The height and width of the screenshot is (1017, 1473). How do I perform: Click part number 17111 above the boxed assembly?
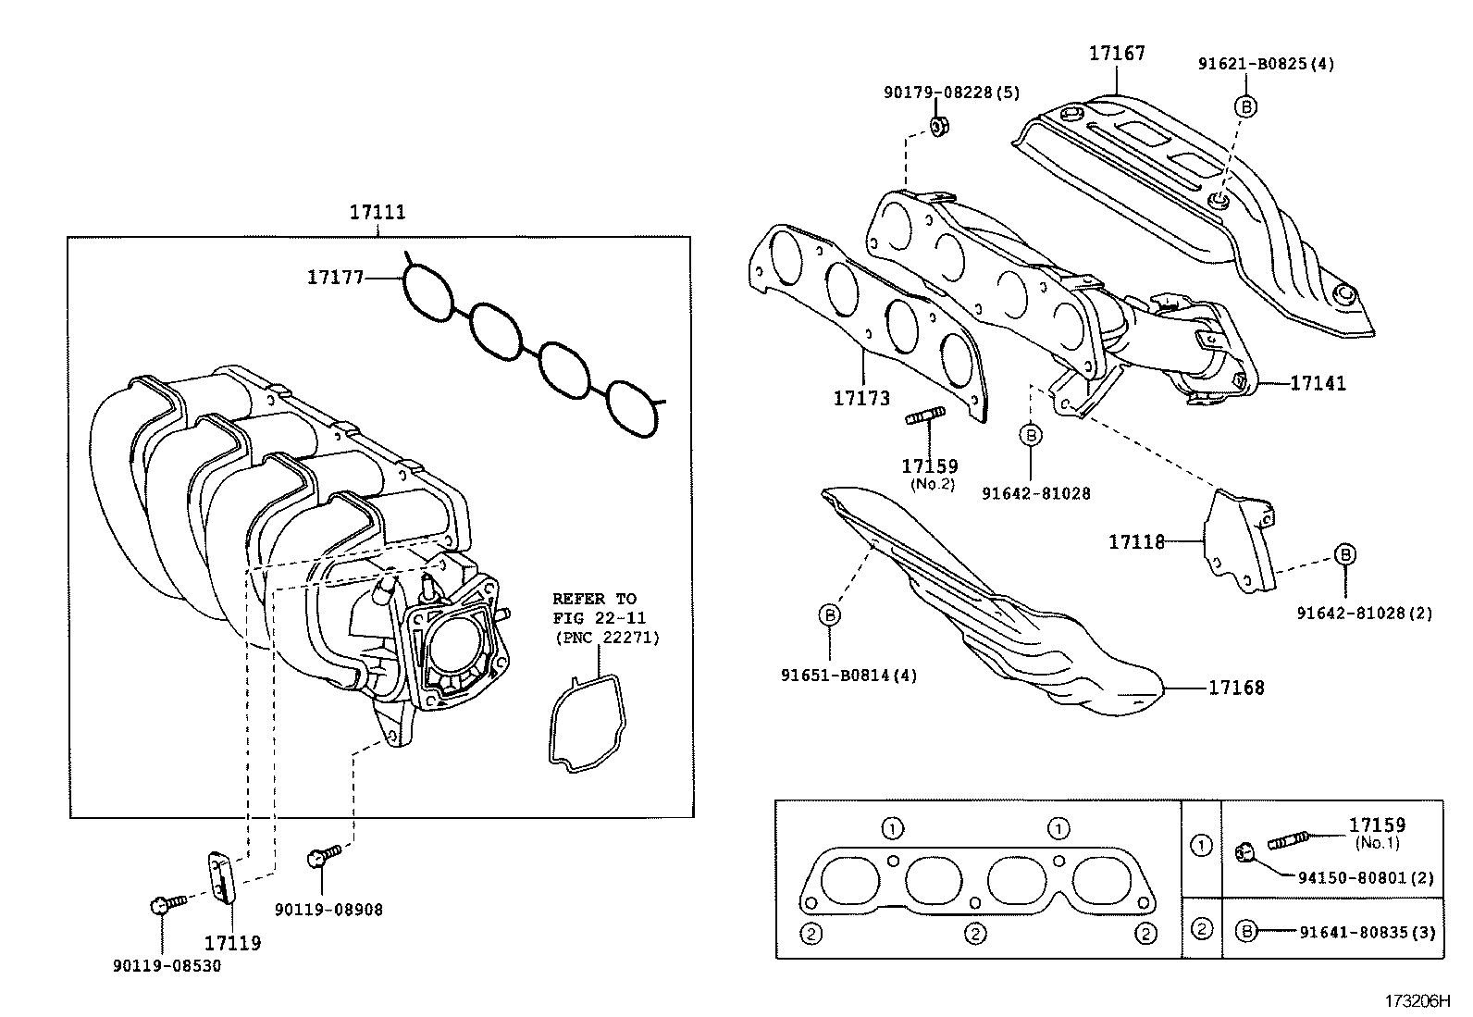click(378, 212)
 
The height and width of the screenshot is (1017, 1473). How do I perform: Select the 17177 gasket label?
click(335, 278)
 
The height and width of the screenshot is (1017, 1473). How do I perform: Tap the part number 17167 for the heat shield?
click(1117, 53)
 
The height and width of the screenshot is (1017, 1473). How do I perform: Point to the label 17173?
click(861, 398)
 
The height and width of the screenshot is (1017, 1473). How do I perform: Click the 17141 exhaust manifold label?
click(1318, 383)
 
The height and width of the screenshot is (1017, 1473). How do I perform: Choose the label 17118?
click(1136, 542)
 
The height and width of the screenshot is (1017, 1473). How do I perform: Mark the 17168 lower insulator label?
click(1236, 688)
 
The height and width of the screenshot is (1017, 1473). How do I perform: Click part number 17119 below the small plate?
click(233, 943)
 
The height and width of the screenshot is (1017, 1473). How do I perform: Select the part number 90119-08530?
click(167, 966)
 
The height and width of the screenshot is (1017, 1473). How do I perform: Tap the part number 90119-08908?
click(328, 910)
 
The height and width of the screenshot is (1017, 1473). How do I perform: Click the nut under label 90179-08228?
click(937, 126)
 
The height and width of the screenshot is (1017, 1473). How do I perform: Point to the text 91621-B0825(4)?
click(1266, 64)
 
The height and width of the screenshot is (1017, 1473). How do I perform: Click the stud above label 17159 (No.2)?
click(926, 416)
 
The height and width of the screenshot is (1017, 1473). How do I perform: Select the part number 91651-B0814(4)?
click(849, 676)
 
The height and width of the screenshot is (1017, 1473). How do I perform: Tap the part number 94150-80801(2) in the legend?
click(1366, 878)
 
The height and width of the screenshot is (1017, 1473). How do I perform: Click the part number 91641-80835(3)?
click(1368, 933)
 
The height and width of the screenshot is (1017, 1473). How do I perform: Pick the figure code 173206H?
click(1417, 1000)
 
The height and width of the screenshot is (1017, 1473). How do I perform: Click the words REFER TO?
click(594, 600)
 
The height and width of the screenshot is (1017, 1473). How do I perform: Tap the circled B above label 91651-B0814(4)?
click(830, 615)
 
